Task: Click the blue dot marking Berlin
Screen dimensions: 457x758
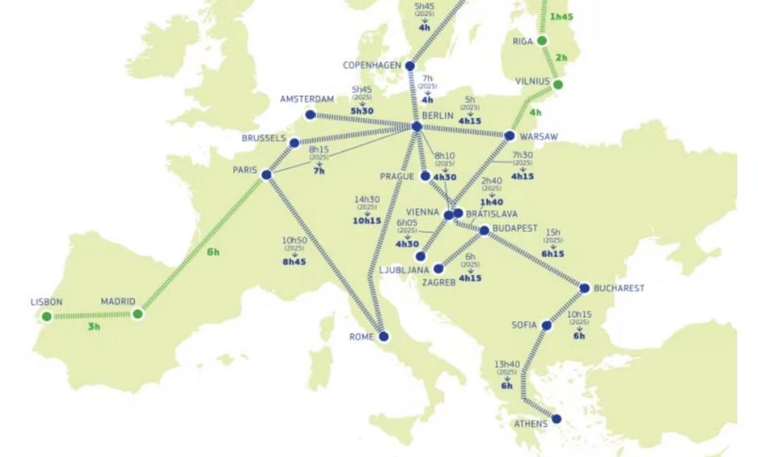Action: point(416,126)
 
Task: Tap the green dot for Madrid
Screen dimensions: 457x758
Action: point(137,314)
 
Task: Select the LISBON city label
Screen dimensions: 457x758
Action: point(46,302)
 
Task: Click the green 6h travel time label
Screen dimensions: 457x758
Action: point(213,252)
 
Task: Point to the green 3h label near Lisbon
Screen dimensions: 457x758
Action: point(94,326)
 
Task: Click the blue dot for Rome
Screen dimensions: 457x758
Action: point(384,336)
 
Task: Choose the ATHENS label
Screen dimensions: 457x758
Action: point(531,423)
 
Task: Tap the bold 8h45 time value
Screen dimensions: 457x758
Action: point(294,262)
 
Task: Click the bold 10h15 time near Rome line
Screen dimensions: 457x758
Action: point(367,220)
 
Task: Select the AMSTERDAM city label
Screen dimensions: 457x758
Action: point(307,99)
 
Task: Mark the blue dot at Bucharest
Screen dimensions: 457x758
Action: point(585,288)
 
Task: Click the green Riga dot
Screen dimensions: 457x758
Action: point(542,41)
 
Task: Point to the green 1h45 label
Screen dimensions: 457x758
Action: point(561,17)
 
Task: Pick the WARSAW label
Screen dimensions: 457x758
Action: point(539,137)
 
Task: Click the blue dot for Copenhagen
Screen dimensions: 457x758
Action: point(410,66)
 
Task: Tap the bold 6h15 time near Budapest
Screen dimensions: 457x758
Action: point(552,254)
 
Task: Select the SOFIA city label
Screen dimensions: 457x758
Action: point(524,325)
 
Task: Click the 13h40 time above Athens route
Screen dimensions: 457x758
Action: point(507,364)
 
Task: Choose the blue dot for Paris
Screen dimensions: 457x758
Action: point(266,175)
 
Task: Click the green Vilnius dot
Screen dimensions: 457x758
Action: point(558,85)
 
